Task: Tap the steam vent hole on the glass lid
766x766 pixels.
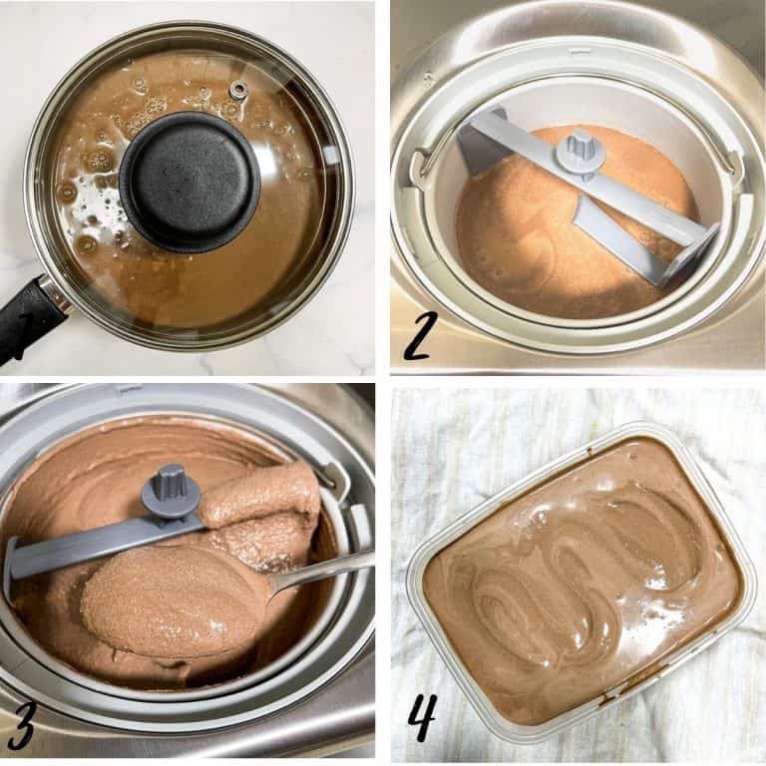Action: click(x=237, y=91)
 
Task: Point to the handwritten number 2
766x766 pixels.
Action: click(x=418, y=337)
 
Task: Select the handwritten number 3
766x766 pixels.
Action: click(x=21, y=726)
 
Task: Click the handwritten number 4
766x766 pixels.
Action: click(x=422, y=716)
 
